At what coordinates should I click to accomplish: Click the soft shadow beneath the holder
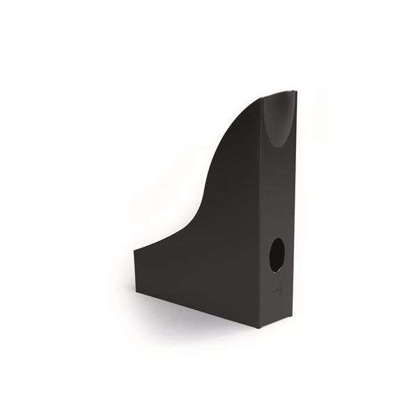(x=209, y=327)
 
